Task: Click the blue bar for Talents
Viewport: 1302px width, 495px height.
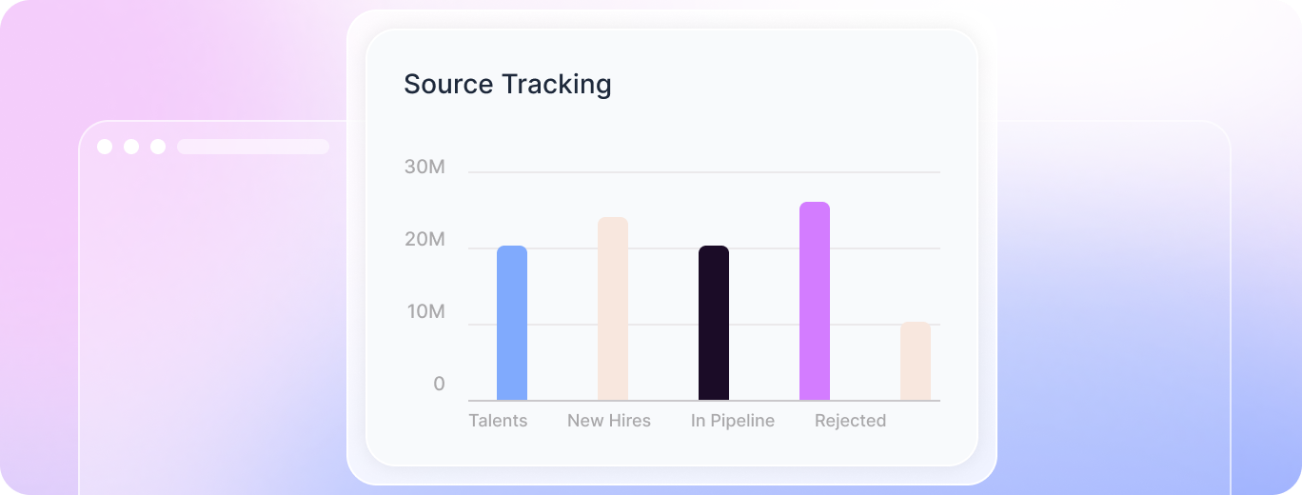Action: [x=512, y=323]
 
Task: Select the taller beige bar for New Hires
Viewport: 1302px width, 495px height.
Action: [x=613, y=308]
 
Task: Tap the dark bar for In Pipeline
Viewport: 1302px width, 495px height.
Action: [x=714, y=323]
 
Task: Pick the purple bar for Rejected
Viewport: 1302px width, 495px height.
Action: [x=815, y=301]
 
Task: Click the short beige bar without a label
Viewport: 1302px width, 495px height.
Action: [x=916, y=361]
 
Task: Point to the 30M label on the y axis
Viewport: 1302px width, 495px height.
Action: [x=424, y=168]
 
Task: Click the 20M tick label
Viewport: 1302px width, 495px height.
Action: [x=424, y=240]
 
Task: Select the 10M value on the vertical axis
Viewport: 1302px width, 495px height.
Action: [x=424, y=312]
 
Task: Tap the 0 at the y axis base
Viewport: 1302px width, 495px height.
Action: [x=439, y=384]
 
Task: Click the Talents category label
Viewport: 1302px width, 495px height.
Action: [x=498, y=421]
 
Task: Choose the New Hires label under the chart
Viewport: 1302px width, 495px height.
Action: [x=609, y=421]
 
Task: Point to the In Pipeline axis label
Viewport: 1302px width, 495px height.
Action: [x=733, y=421]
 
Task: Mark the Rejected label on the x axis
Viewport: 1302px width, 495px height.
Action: [x=850, y=421]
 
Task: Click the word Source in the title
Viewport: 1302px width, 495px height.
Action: [x=448, y=84]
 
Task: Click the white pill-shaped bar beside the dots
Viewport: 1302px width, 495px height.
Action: [x=253, y=147]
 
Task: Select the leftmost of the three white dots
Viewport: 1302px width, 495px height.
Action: [x=105, y=147]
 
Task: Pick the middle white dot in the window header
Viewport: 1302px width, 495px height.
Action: [x=131, y=147]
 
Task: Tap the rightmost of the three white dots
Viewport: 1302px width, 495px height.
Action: [x=158, y=147]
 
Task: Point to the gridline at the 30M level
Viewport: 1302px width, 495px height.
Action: [x=704, y=172]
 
